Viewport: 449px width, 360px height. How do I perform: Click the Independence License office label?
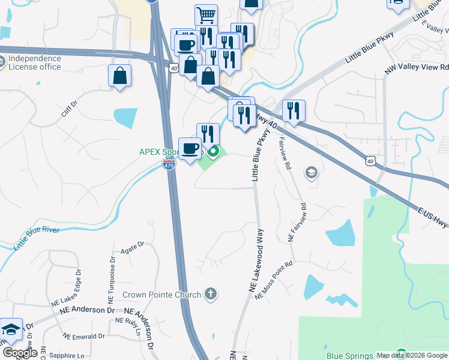(x=34, y=62)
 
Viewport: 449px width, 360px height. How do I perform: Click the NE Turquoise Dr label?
(x=112, y=280)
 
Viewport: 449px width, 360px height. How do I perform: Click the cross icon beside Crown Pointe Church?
(x=209, y=294)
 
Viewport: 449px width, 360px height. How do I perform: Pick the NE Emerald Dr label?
(x=84, y=336)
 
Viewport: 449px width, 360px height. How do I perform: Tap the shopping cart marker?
(x=206, y=15)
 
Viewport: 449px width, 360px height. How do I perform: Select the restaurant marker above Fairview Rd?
(x=294, y=110)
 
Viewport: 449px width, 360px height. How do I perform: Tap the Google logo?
(x=20, y=353)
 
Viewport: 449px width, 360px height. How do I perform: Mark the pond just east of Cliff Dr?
(x=125, y=117)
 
